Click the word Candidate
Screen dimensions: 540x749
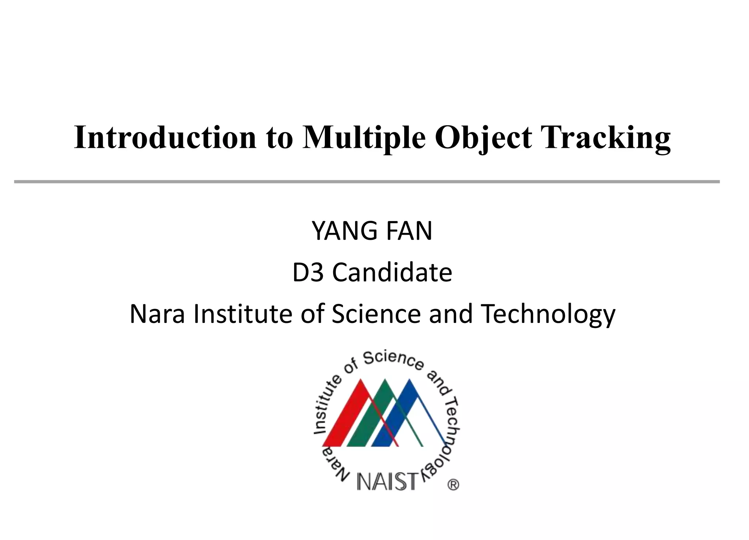click(x=392, y=273)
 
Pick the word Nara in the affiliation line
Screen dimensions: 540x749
click(x=157, y=314)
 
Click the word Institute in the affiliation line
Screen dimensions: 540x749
click(x=243, y=314)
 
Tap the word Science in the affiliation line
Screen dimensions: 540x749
click(x=376, y=314)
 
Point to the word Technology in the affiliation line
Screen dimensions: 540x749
click(x=548, y=314)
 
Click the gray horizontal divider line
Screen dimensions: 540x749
click(x=366, y=182)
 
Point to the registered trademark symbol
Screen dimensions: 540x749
click(x=453, y=485)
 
